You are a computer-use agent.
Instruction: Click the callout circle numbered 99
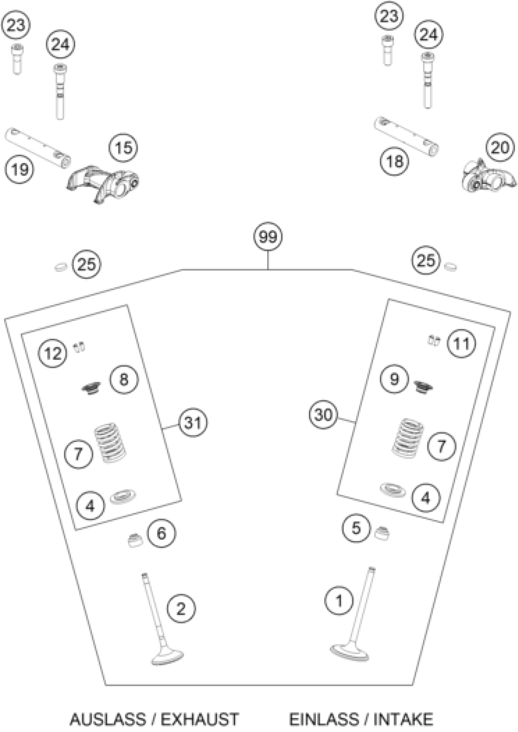pos(268,237)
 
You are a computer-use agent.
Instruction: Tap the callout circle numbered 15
pos(123,148)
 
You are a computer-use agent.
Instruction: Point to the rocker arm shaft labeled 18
pos(406,136)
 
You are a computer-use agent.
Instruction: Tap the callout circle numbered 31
pos(193,423)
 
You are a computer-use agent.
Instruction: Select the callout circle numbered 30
pos(323,415)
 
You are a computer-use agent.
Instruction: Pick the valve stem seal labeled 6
pos(135,540)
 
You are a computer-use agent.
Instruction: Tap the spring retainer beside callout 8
pos(91,388)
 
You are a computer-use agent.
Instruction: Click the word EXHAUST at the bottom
pos(199,719)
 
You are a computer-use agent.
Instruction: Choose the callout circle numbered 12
pos(53,353)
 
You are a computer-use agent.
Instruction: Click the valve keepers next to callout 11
pos(434,341)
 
